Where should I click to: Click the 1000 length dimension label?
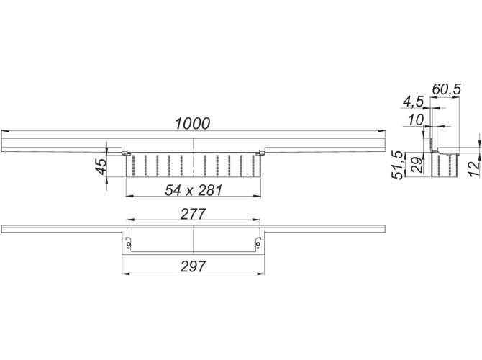[192, 124]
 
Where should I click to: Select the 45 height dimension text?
[101, 166]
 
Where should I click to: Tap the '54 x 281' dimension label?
[194, 191]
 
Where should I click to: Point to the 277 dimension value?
[193, 214]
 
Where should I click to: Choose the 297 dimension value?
[193, 266]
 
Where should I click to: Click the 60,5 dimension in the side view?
[446, 89]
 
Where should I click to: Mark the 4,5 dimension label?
[413, 102]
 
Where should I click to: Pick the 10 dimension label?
[416, 120]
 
